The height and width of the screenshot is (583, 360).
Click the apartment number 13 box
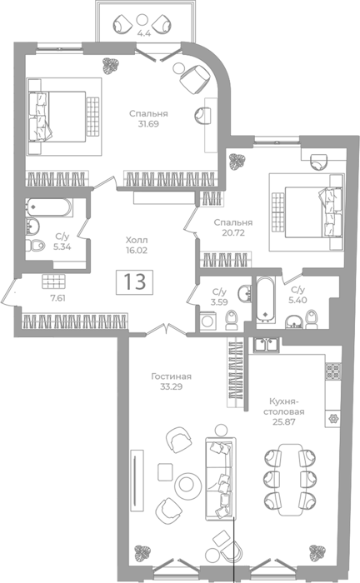[134, 282]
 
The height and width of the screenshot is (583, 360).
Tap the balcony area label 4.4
[144, 33]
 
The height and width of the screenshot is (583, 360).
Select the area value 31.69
[148, 124]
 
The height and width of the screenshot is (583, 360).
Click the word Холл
[137, 240]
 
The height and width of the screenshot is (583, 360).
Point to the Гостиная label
[171, 376]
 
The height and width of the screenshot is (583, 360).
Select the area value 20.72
[233, 232]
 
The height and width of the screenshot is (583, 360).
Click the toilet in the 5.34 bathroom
[35, 246]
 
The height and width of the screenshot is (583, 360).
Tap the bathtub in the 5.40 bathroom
[265, 298]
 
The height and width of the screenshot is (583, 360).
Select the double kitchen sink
[267, 344]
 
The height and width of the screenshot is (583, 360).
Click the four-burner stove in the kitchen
[332, 371]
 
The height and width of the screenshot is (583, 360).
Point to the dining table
[290, 479]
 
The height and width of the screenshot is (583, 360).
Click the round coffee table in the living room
[187, 484]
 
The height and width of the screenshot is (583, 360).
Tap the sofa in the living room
[221, 479]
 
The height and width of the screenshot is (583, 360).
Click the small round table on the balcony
[142, 19]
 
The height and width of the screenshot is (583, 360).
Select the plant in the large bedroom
[110, 66]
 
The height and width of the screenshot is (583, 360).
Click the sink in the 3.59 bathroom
[245, 293]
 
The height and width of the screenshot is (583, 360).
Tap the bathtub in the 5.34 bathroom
[48, 207]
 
